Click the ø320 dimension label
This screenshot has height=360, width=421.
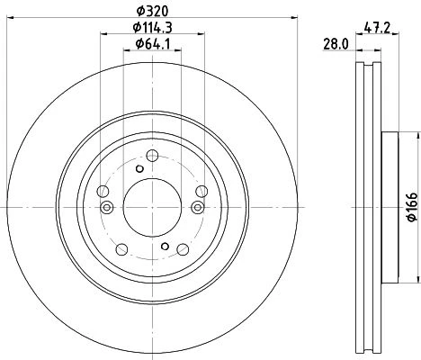[153, 11]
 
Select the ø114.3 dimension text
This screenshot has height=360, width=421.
[153, 28]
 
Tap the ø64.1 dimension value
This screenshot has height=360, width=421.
[153, 44]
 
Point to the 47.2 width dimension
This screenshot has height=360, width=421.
[377, 29]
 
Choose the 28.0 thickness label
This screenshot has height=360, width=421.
[336, 45]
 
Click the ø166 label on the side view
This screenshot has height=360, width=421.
[413, 207]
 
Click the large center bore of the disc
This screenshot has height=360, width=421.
[152, 207]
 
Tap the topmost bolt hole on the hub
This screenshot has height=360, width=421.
[152, 156]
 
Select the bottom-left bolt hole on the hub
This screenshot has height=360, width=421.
[121, 249]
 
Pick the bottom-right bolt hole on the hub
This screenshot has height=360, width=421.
[183, 249]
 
